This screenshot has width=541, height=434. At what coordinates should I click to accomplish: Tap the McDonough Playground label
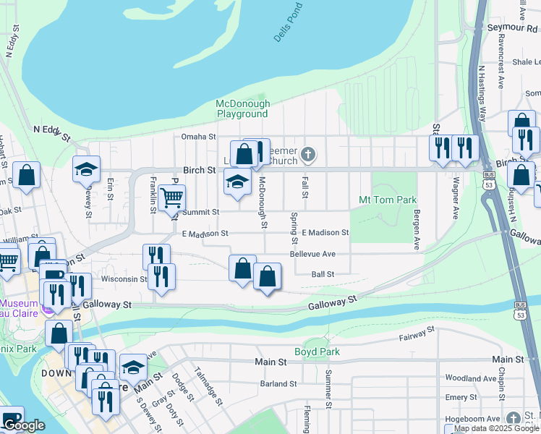pyautogui.click(x=242, y=109)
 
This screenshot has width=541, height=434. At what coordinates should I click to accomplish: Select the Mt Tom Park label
pyautogui.click(x=388, y=199)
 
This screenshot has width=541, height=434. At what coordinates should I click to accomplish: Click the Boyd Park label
pyautogui.click(x=316, y=352)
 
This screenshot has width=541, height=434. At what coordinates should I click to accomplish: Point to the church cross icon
pyautogui.click(x=309, y=153)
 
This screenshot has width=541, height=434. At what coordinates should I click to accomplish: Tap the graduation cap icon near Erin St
pyautogui.click(x=86, y=170)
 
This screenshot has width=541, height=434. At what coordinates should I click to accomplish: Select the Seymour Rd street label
pyautogui.click(x=510, y=27)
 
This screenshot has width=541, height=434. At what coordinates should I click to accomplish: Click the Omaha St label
pyautogui.click(x=199, y=137)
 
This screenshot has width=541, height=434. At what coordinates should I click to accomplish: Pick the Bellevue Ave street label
pyautogui.click(x=312, y=254)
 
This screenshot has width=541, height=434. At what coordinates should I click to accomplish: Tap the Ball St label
pyautogui.click(x=323, y=274)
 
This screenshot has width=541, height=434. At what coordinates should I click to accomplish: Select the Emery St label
pyautogui.click(x=456, y=397)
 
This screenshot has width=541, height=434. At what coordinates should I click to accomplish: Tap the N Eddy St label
pyautogui.click(x=51, y=132)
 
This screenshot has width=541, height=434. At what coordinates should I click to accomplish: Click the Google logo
pyautogui.click(x=24, y=426)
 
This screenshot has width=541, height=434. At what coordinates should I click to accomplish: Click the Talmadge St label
pyautogui.click(x=203, y=387)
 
